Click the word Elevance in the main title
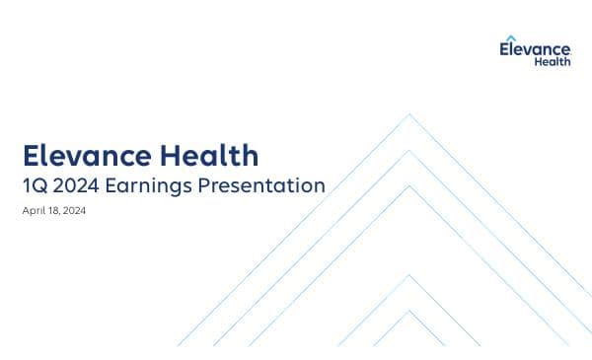[x=86, y=156]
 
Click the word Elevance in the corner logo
[x=536, y=48]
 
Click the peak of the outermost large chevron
[x=409, y=114]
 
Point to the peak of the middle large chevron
[x=409, y=150]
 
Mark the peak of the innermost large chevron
[x=409, y=185]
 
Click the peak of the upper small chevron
[x=409, y=275]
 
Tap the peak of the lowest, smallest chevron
[x=409, y=311]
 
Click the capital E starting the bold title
[x=31, y=156]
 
